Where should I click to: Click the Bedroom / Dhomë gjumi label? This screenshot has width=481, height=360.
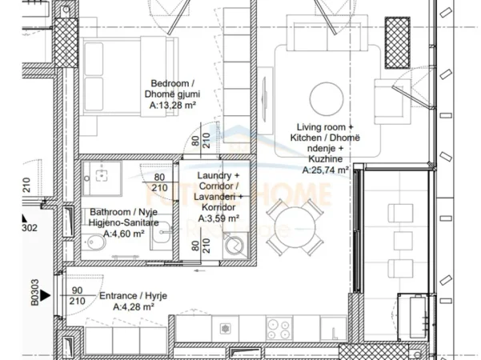(174, 89)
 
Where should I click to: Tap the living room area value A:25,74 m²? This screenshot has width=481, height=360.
(325, 170)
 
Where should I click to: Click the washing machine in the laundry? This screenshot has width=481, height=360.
(237, 244)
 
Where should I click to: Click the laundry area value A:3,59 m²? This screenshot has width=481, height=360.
(218, 218)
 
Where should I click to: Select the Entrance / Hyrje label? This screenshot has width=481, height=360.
(133, 295)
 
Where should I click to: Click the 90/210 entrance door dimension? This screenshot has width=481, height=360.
(78, 296)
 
